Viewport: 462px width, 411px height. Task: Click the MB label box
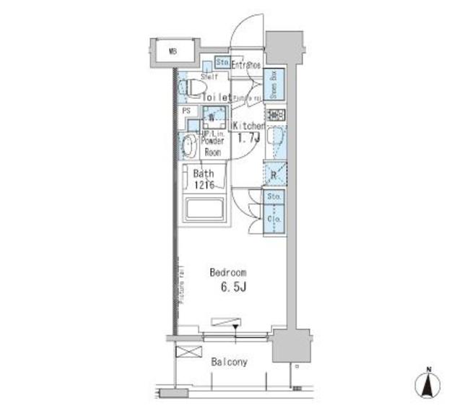(x=173, y=51)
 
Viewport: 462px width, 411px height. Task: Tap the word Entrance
(x=245, y=64)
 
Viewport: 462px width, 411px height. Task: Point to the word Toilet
(x=216, y=98)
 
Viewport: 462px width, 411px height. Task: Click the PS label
(x=186, y=111)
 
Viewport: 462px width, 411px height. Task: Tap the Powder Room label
(x=212, y=147)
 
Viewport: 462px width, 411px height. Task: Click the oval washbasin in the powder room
(x=188, y=147)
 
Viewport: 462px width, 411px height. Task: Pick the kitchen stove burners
(x=276, y=115)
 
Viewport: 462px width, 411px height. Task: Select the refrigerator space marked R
(x=275, y=173)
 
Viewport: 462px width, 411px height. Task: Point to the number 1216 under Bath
(x=204, y=186)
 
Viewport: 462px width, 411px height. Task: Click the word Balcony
(x=229, y=362)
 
